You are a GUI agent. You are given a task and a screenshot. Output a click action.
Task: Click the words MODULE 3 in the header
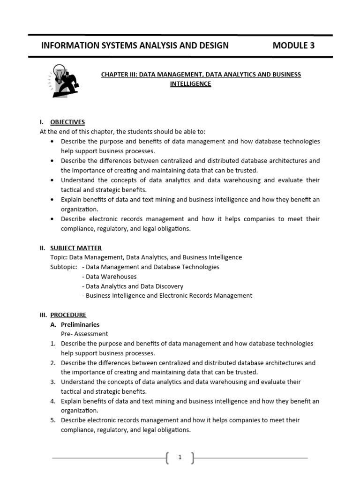tap(293, 45)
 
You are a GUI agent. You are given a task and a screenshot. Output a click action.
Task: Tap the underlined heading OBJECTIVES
tap(67, 122)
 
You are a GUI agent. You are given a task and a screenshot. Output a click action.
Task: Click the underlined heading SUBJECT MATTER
tap(76, 248)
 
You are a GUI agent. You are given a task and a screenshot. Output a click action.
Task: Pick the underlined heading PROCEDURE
tap(68, 315)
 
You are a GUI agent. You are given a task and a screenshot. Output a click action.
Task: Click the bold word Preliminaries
tap(80, 324)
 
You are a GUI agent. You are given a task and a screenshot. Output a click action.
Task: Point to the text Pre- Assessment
tap(84, 334)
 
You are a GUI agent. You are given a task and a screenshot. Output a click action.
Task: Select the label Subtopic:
tap(63, 267)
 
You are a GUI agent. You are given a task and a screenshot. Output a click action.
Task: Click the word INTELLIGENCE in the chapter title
tap(190, 84)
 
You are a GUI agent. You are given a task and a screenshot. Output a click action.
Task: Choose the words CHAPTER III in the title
tap(119, 75)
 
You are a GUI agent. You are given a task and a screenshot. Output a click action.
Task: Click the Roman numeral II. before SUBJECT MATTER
tap(43, 248)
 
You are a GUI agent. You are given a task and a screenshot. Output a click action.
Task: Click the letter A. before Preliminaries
tap(53, 324)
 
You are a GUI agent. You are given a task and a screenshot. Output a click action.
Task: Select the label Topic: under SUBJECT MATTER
tap(59, 257)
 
